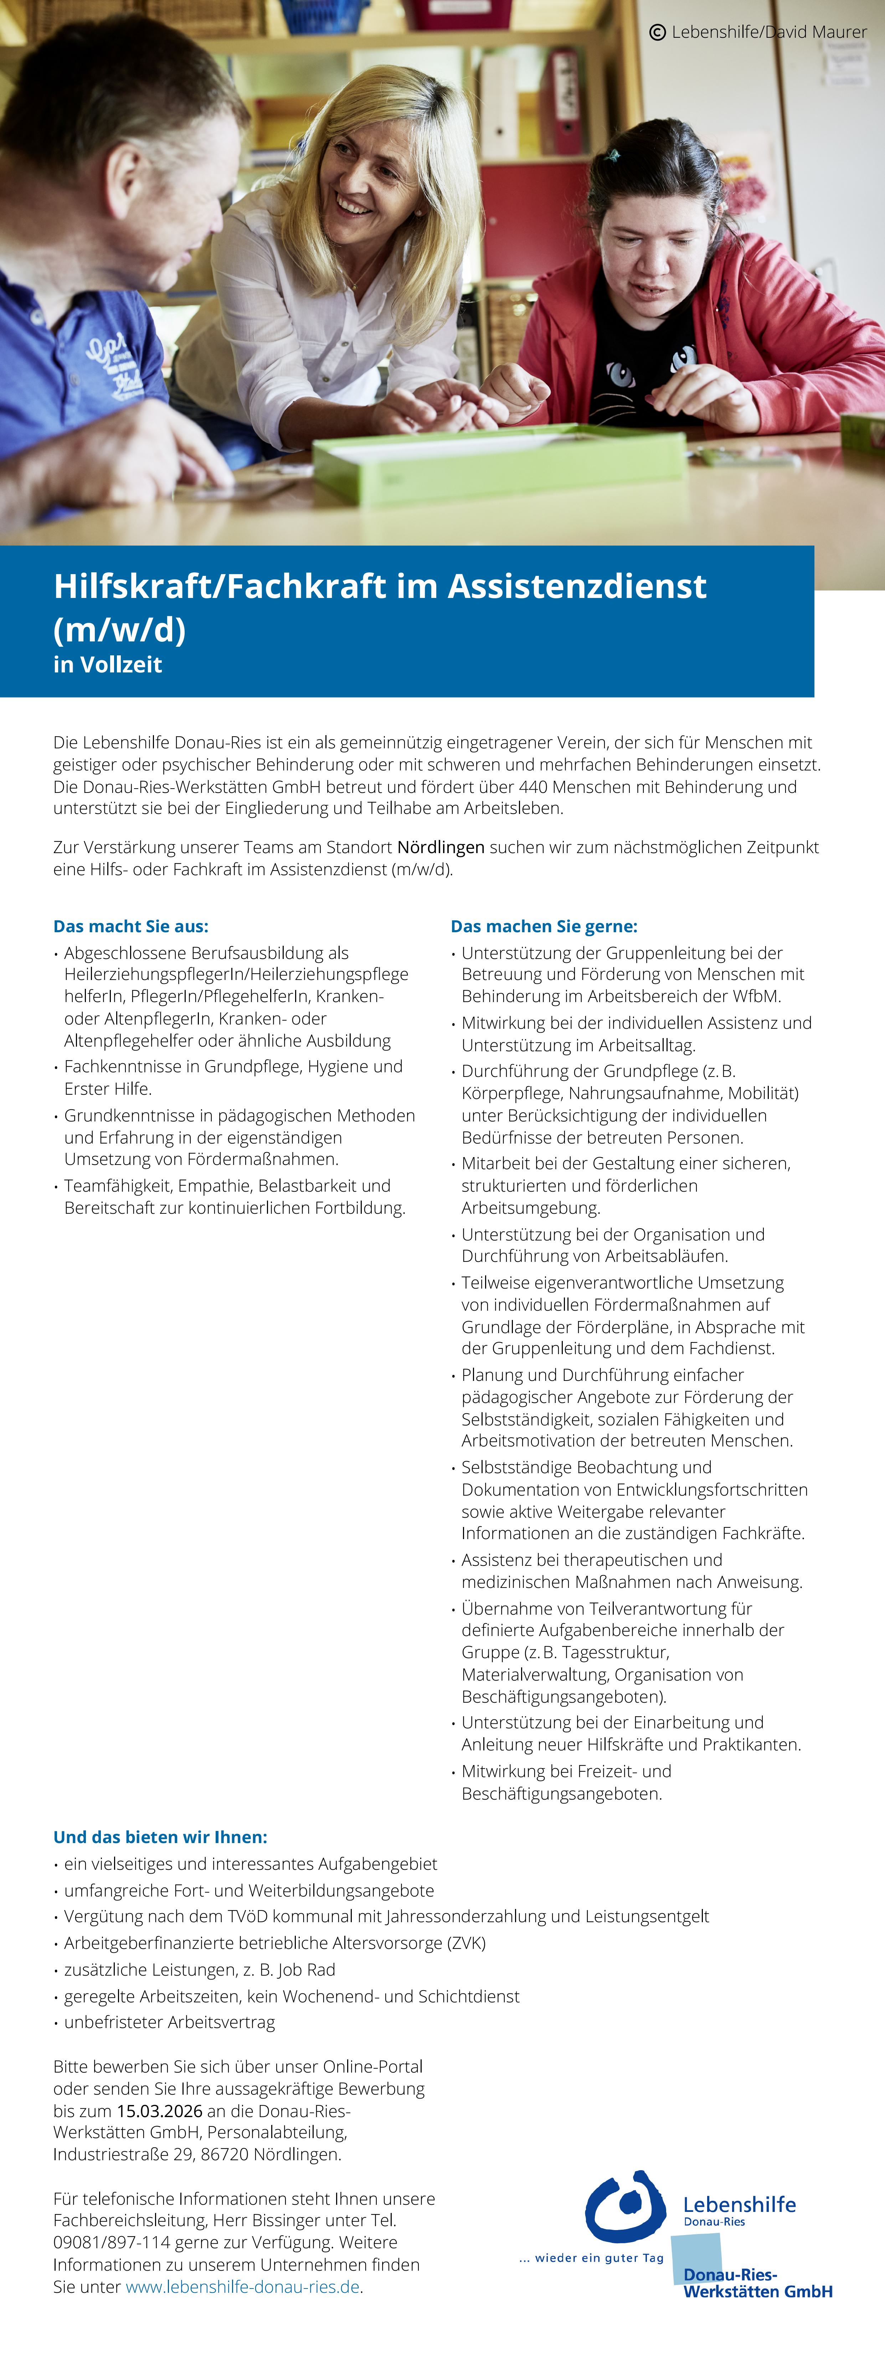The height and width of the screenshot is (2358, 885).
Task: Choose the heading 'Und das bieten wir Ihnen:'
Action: (160, 1836)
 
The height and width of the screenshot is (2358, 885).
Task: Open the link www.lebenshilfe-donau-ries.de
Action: (242, 2286)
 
